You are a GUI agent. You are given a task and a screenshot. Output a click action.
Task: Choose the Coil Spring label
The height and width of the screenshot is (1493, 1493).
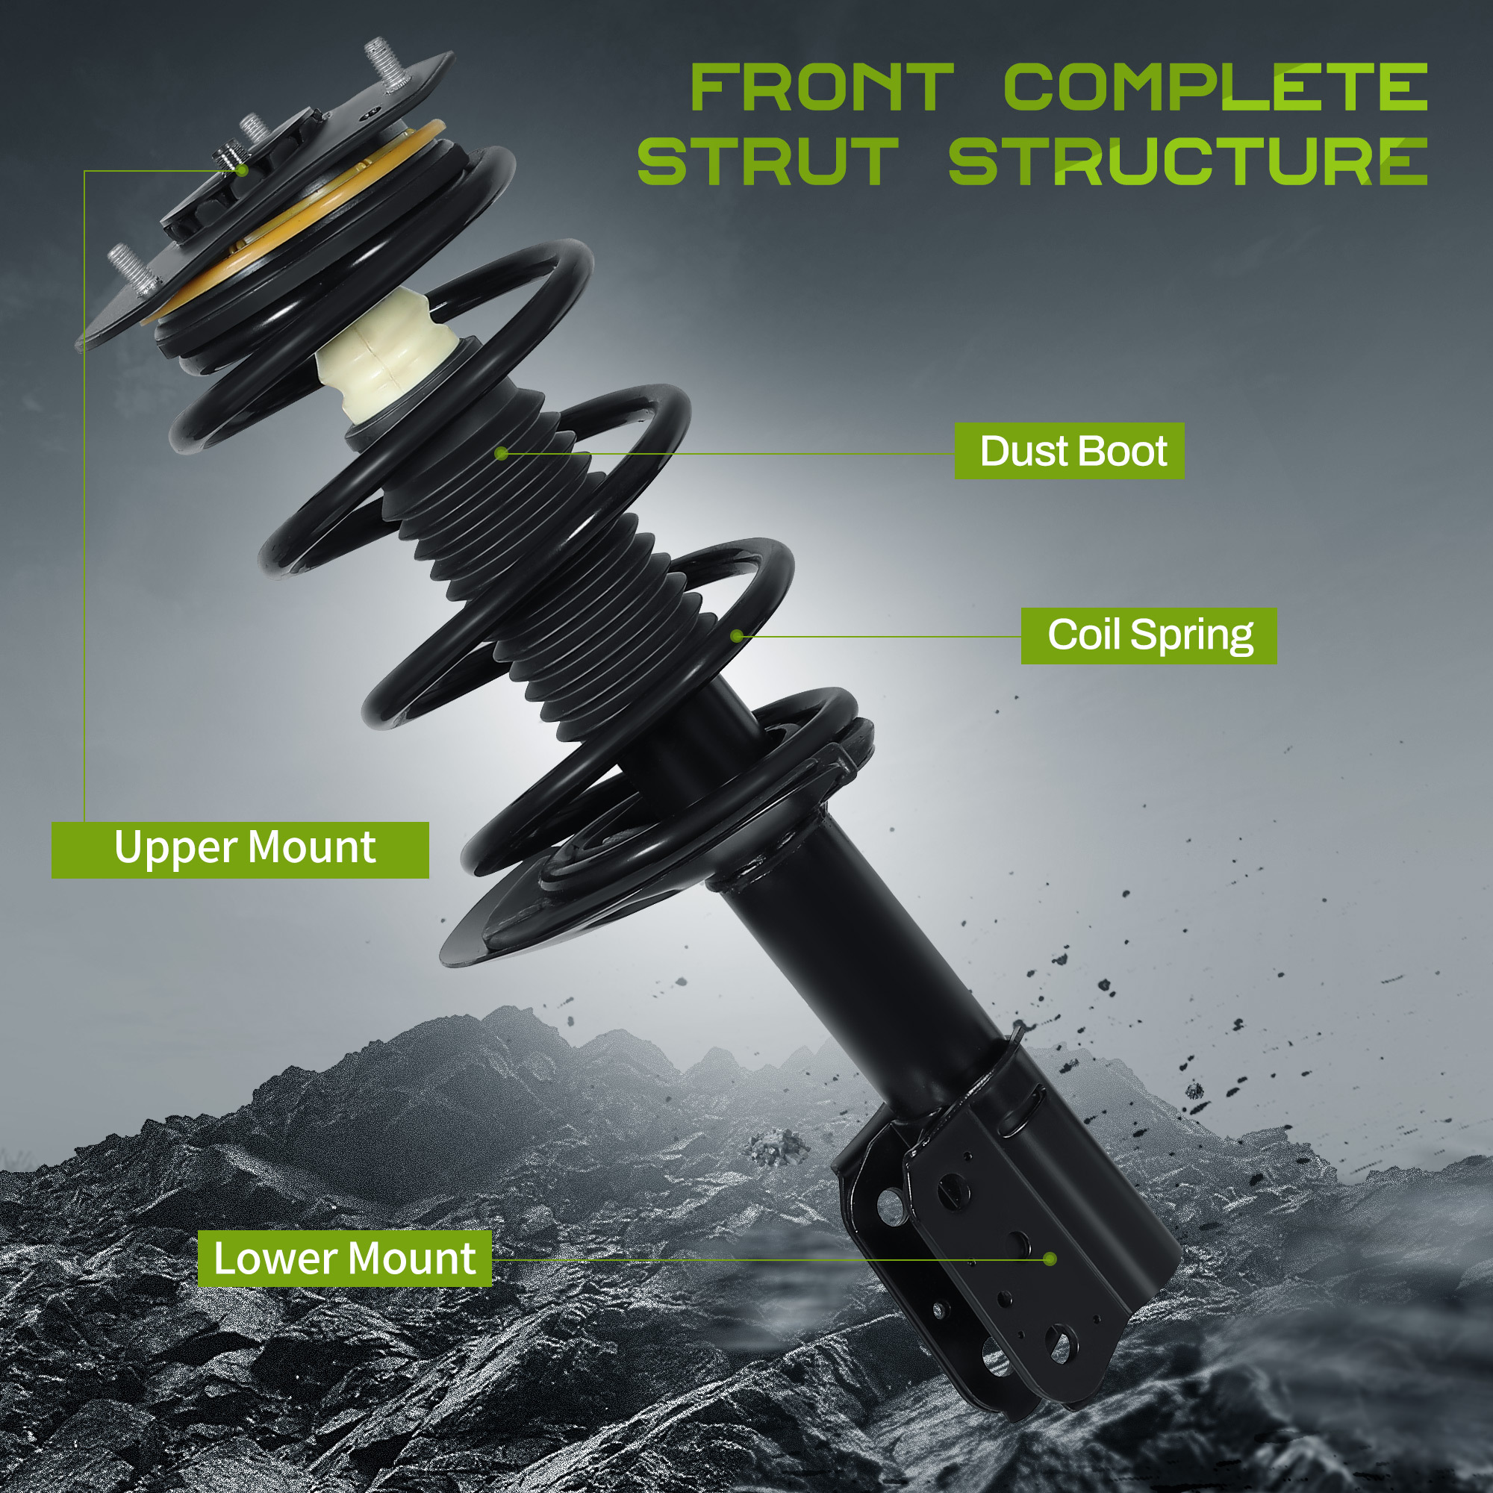pos(1149,636)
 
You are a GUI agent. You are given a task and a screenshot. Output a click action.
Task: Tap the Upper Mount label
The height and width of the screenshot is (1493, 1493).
pos(240,850)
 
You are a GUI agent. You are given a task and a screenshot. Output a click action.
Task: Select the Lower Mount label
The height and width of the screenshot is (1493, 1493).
pos(345,1259)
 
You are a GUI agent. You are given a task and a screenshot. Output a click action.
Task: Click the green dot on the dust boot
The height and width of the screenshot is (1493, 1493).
pos(502,453)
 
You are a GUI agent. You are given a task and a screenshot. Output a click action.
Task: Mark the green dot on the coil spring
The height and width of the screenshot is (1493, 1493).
pos(738,636)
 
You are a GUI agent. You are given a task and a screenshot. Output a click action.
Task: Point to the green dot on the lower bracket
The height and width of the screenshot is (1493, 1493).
pos(1050,1259)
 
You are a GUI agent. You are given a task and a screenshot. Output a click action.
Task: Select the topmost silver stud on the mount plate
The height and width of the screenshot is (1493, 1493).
pos(387,63)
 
